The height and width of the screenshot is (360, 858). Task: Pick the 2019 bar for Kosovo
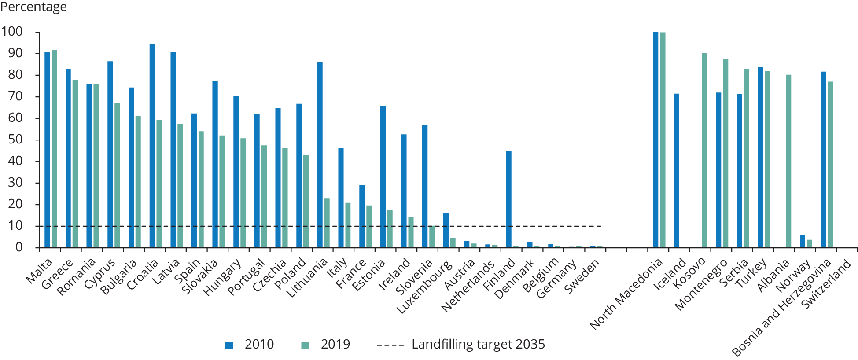click(x=704, y=150)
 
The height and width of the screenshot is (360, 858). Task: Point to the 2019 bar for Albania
click(x=788, y=161)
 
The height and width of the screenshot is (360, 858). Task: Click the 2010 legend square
click(x=229, y=345)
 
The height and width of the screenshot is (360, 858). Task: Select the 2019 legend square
click(x=305, y=345)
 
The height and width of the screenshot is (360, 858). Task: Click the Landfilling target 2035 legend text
click(x=478, y=344)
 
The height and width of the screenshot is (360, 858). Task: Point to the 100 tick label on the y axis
click(x=12, y=32)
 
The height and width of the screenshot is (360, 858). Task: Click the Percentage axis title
click(x=33, y=7)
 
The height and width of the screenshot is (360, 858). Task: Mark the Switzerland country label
click(x=827, y=285)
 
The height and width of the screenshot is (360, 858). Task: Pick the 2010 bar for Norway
click(x=802, y=241)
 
